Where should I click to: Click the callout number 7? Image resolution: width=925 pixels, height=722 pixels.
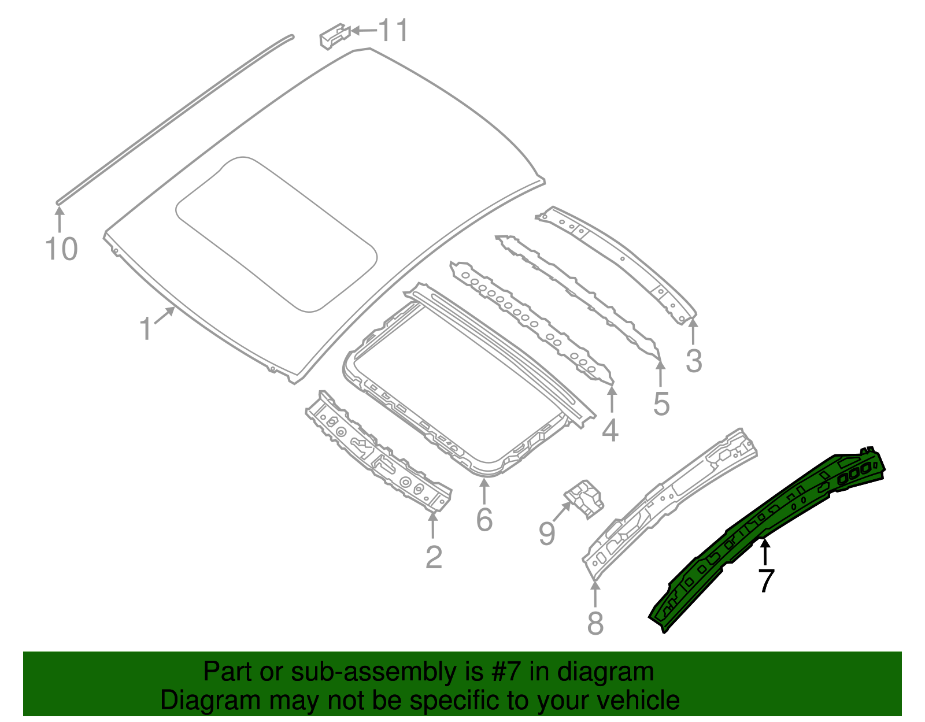coord(765,580)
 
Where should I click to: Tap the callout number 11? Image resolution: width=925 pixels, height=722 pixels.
coord(394,30)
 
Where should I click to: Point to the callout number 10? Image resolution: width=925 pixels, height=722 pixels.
coord(61,249)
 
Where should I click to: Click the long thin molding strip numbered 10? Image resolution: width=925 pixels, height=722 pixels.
coord(173,119)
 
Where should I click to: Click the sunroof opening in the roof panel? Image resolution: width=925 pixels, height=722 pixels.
coord(276,234)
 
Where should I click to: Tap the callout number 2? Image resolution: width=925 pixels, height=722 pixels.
coord(434,557)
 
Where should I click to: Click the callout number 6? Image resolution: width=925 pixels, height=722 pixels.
coord(484,519)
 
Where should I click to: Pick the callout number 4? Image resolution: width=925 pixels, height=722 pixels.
coord(610,431)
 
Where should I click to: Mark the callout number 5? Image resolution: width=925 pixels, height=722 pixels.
coord(661,403)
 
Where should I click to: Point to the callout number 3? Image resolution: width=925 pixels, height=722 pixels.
coord(694,361)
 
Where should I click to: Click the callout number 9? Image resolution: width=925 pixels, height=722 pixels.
coord(547,533)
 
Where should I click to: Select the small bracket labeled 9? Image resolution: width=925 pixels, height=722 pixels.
coord(584,498)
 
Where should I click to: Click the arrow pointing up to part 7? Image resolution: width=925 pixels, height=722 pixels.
coord(765,551)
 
